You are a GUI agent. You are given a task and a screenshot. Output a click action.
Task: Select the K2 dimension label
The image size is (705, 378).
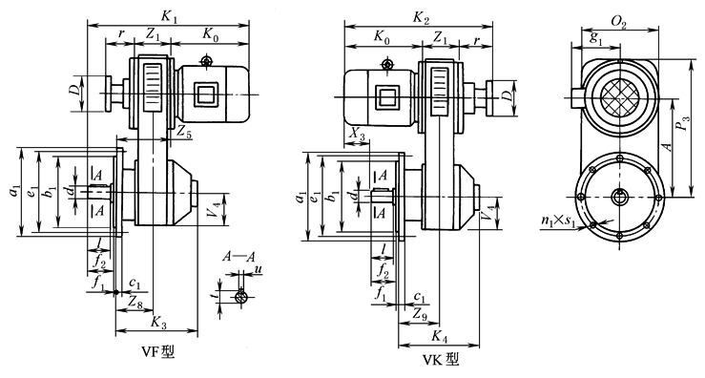[x=421, y=17]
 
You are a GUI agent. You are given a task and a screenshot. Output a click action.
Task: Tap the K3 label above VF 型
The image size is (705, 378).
[x=157, y=325]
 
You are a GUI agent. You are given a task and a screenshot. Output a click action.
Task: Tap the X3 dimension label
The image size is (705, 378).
[x=357, y=136]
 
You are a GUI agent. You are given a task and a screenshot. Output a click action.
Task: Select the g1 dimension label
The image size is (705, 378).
[x=596, y=38]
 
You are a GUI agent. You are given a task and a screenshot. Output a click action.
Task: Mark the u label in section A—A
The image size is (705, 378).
[x=259, y=271]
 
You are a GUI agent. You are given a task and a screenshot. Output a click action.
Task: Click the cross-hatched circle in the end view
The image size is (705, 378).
[x=622, y=99]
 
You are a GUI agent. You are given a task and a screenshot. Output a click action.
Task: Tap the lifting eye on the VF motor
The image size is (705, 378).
[x=206, y=61]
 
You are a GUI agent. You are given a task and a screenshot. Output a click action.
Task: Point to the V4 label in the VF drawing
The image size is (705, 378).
[x=218, y=203]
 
